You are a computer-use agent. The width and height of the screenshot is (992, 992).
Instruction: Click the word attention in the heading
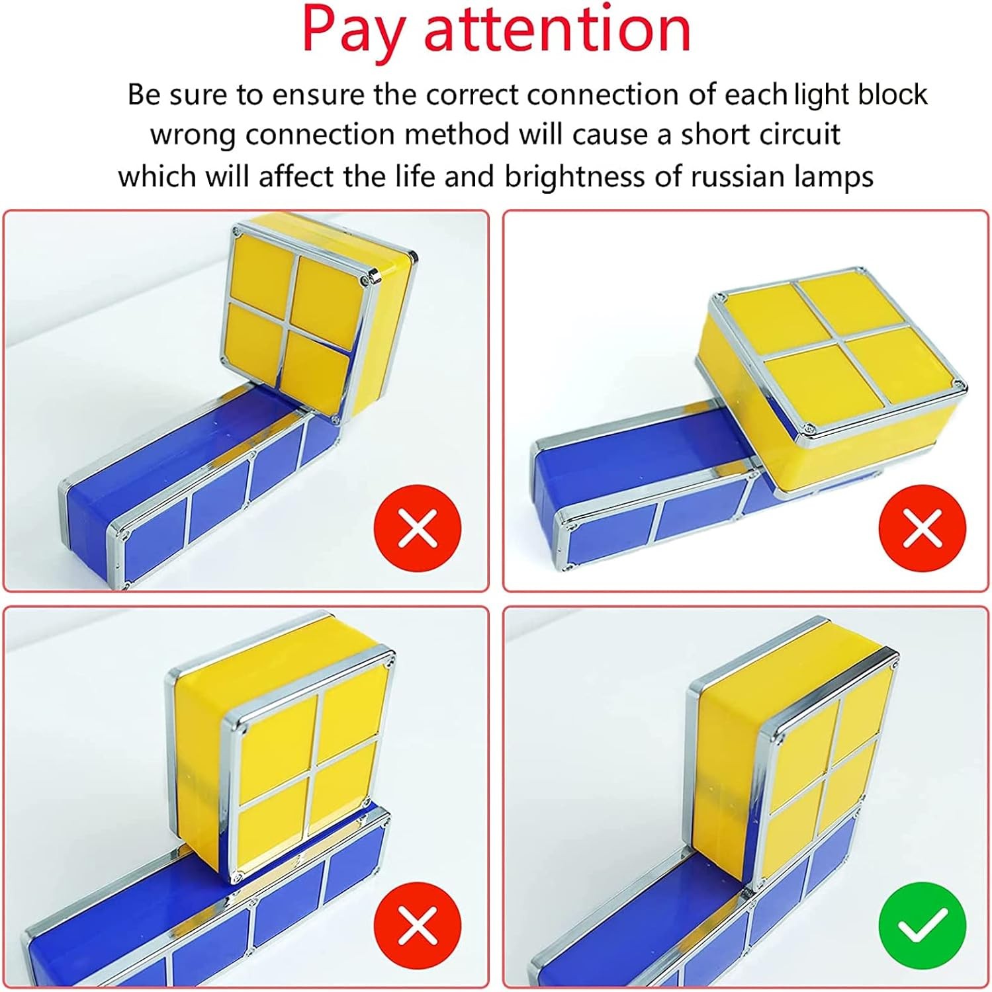click(557, 30)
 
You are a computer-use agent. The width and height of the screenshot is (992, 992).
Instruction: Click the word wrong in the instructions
click(193, 135)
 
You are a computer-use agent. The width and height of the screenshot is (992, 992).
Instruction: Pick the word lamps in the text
click(836, 177)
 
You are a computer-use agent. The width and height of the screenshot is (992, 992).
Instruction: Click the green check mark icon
click(922, 926)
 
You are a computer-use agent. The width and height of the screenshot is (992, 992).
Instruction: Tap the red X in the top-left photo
click(418, 528)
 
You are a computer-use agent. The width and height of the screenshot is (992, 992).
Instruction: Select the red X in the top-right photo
click(922, 528)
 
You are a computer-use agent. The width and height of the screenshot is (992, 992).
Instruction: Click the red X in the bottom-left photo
click(418, 925)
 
